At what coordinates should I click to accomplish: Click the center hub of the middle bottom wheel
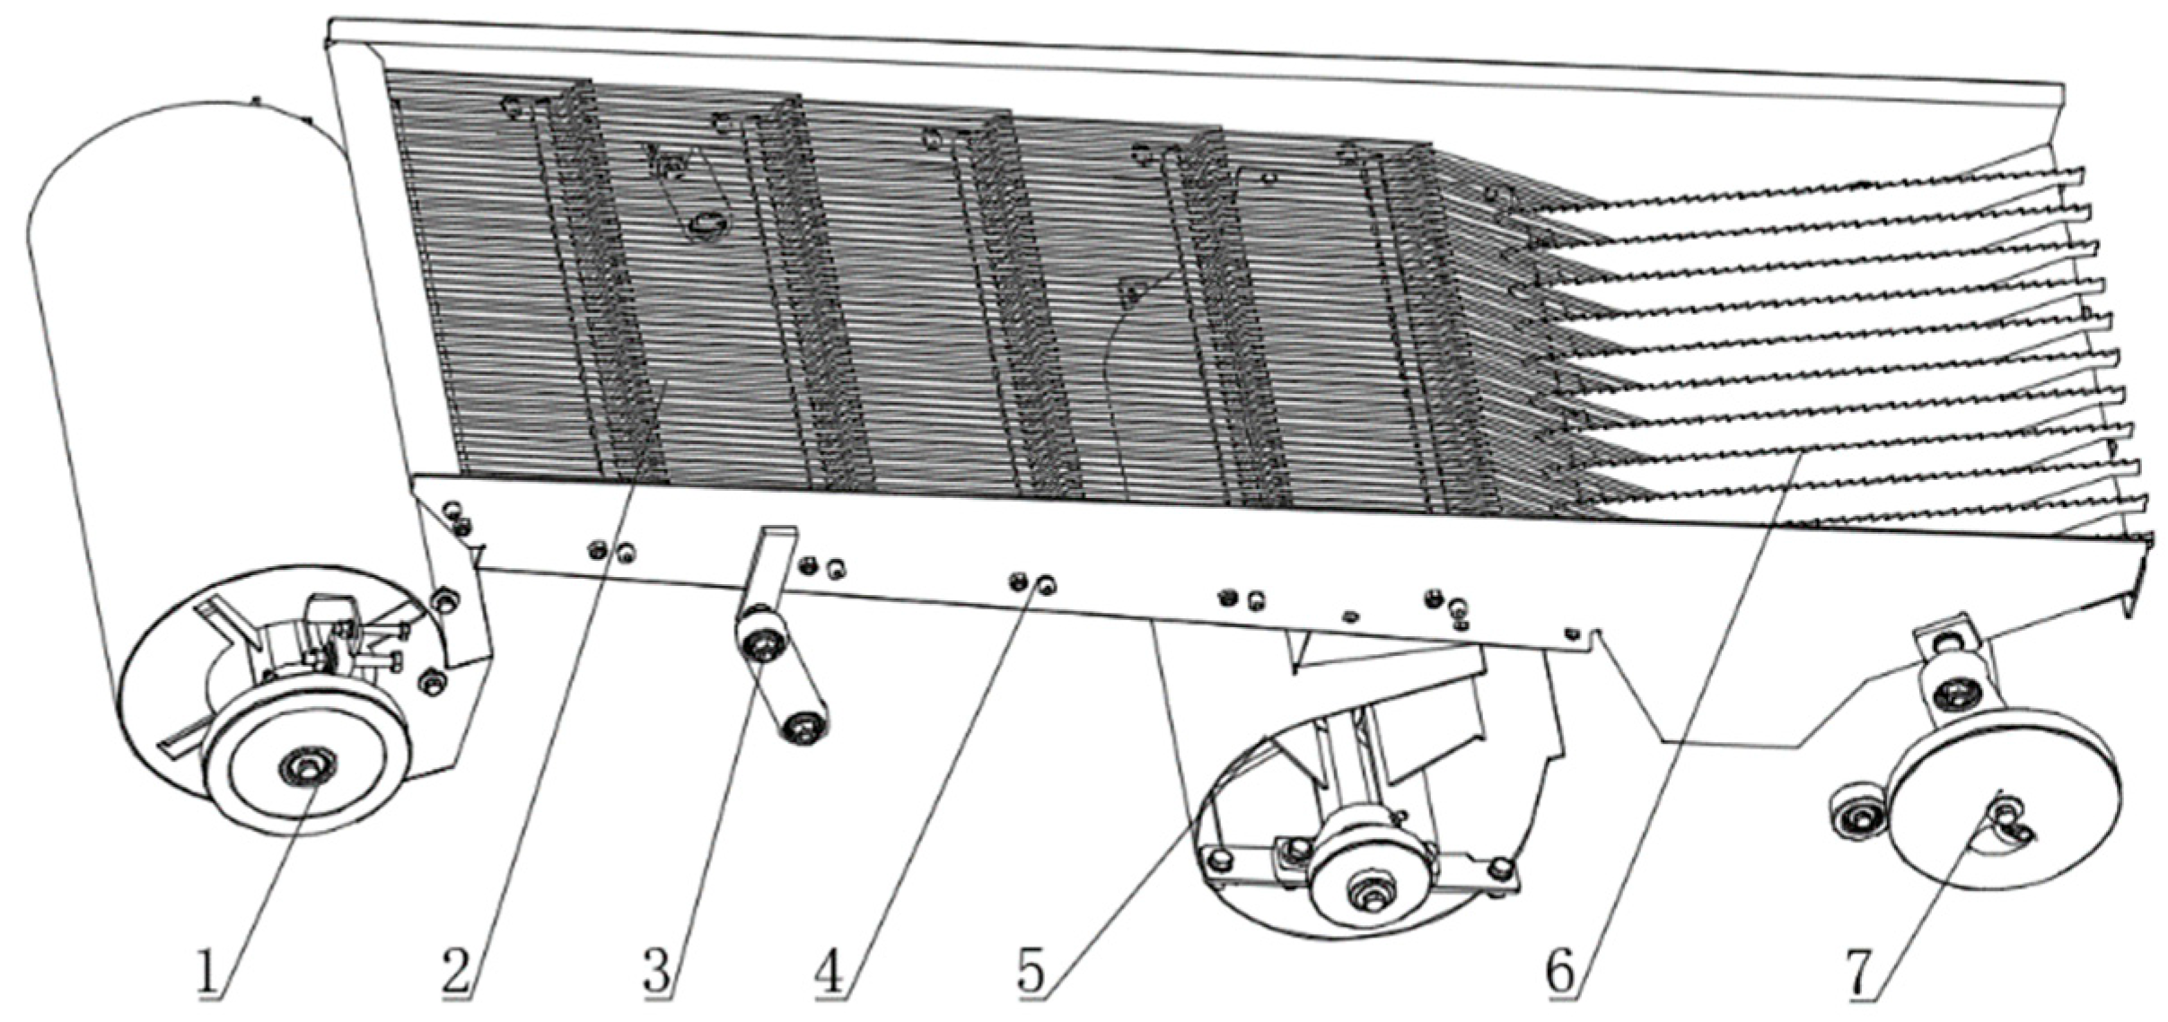coord(1371,892)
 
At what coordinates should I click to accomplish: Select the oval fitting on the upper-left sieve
coord(707,223)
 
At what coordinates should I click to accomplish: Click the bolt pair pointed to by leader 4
coord(1031,584)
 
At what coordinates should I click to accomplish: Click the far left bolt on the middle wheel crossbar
coord(1218,860)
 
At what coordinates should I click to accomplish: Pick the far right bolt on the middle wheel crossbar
coord(1499,868)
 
